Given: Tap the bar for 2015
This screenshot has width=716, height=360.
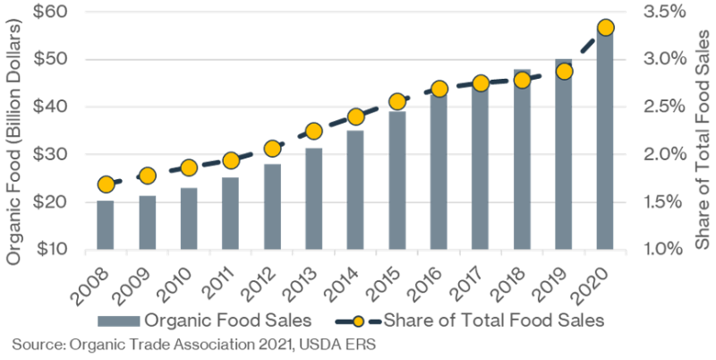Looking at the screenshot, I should pos(396,180).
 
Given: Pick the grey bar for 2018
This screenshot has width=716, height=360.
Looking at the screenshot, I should pos(522,159).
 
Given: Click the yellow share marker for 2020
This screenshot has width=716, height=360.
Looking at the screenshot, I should pos(605,28).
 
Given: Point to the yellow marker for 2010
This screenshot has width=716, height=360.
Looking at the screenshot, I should pos(189,167).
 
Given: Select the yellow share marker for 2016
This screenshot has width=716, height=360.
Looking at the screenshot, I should pos(439,89).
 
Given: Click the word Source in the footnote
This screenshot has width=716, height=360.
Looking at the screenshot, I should pos(35,344).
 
